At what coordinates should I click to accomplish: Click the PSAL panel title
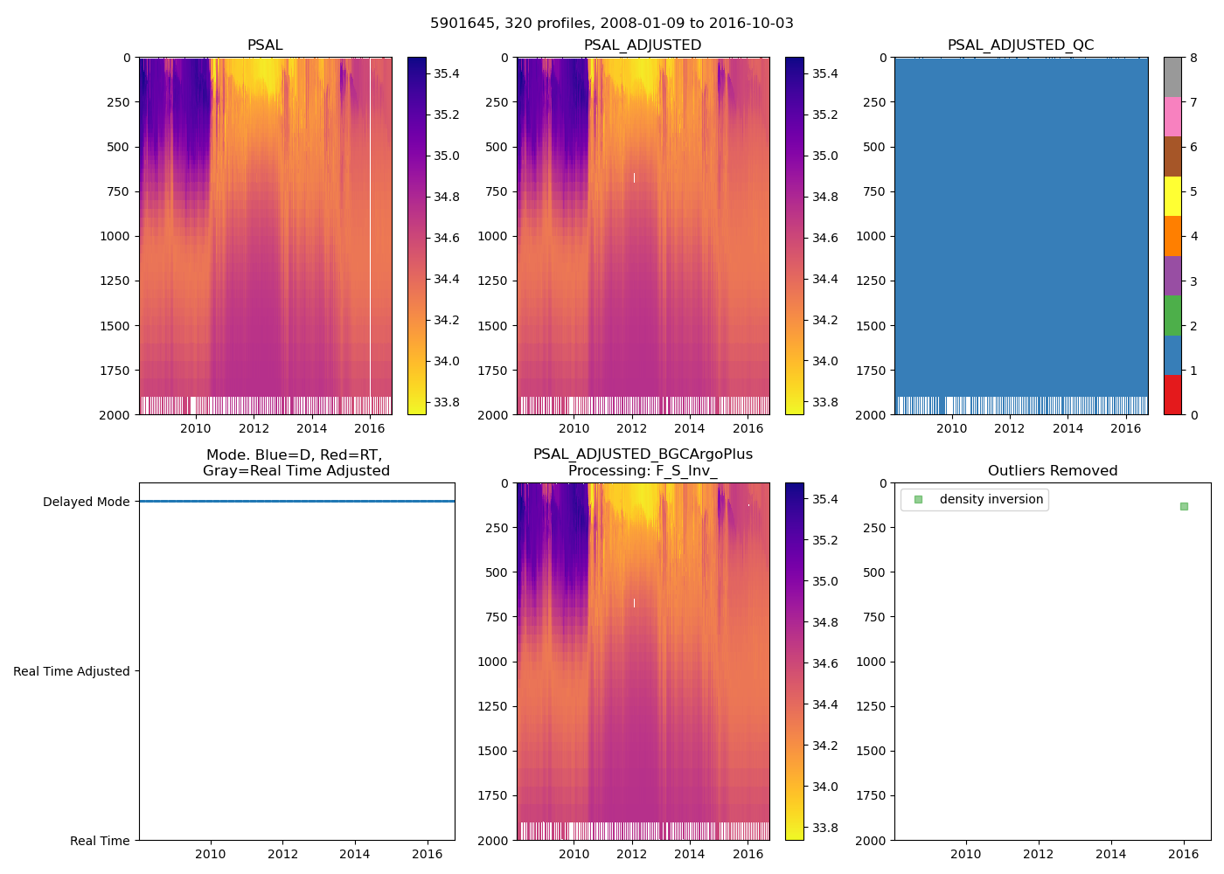tap(265, 45)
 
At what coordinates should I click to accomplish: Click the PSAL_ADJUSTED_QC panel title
tap(1020, 45)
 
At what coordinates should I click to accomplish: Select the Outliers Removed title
tap(1053, 471)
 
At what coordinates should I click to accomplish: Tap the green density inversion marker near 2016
tap(1184, 506)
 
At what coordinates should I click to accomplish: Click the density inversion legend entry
tap(991, 500)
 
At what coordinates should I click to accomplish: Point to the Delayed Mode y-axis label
tap(86, 502)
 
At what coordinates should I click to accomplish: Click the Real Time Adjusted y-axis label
tap(72, 671)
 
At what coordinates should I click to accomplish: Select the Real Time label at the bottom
tap(100, 841)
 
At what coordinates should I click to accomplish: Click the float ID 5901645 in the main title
tap(461, 24)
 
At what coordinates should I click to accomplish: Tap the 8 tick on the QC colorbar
tap(1193, 59)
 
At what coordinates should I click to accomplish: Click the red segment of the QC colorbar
tap(1172, 394)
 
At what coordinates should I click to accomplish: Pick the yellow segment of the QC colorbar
tap(1172, 196)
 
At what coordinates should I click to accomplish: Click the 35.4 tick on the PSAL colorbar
tap(447, 73)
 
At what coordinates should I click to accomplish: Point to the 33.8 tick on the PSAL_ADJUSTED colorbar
tap(824, 403)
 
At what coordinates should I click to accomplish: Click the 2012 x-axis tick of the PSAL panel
tap(254, 428)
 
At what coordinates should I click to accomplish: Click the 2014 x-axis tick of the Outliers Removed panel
tap(1111, 854)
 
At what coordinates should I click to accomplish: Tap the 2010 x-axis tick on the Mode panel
tap(211, 854)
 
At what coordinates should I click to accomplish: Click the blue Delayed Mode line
tap(297, 502)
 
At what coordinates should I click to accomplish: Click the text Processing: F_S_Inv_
tap(643, 471)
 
